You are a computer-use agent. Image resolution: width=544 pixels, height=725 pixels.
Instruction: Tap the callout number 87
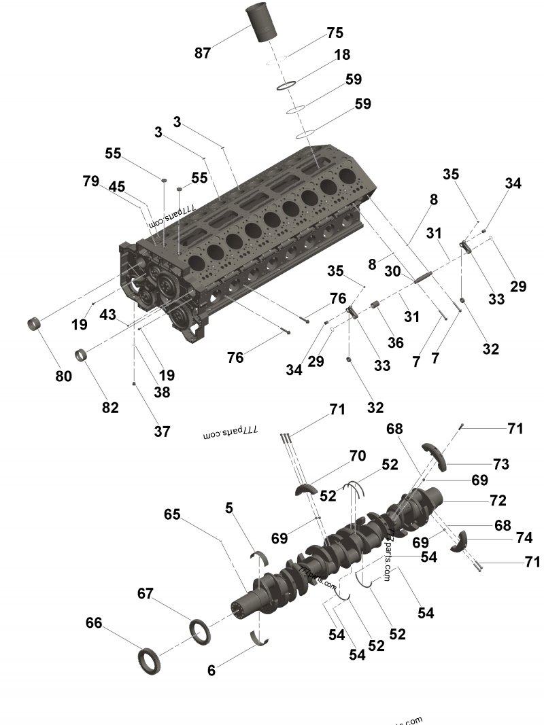coord(202,53)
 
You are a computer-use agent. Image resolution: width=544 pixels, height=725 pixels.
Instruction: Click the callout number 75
coord(335,33)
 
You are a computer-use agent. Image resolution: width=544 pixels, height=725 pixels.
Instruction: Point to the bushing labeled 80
coord(35,323)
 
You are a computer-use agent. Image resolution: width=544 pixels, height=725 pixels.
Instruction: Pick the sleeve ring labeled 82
coord(82,355)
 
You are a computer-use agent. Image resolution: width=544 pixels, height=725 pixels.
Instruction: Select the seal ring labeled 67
coord(199,633)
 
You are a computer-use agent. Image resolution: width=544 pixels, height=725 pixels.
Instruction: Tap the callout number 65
coord(172,514)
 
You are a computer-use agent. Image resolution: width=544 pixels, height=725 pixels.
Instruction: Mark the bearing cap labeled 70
coord(307,489)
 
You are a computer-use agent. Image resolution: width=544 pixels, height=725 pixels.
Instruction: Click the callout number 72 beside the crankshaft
coord(498,500)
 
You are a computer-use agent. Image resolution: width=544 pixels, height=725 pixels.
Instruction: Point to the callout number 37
coord(162,431)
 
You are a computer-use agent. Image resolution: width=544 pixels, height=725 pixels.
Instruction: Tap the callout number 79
coord(91,181)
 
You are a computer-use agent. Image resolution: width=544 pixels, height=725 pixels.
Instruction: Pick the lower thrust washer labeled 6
coord(259,638)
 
